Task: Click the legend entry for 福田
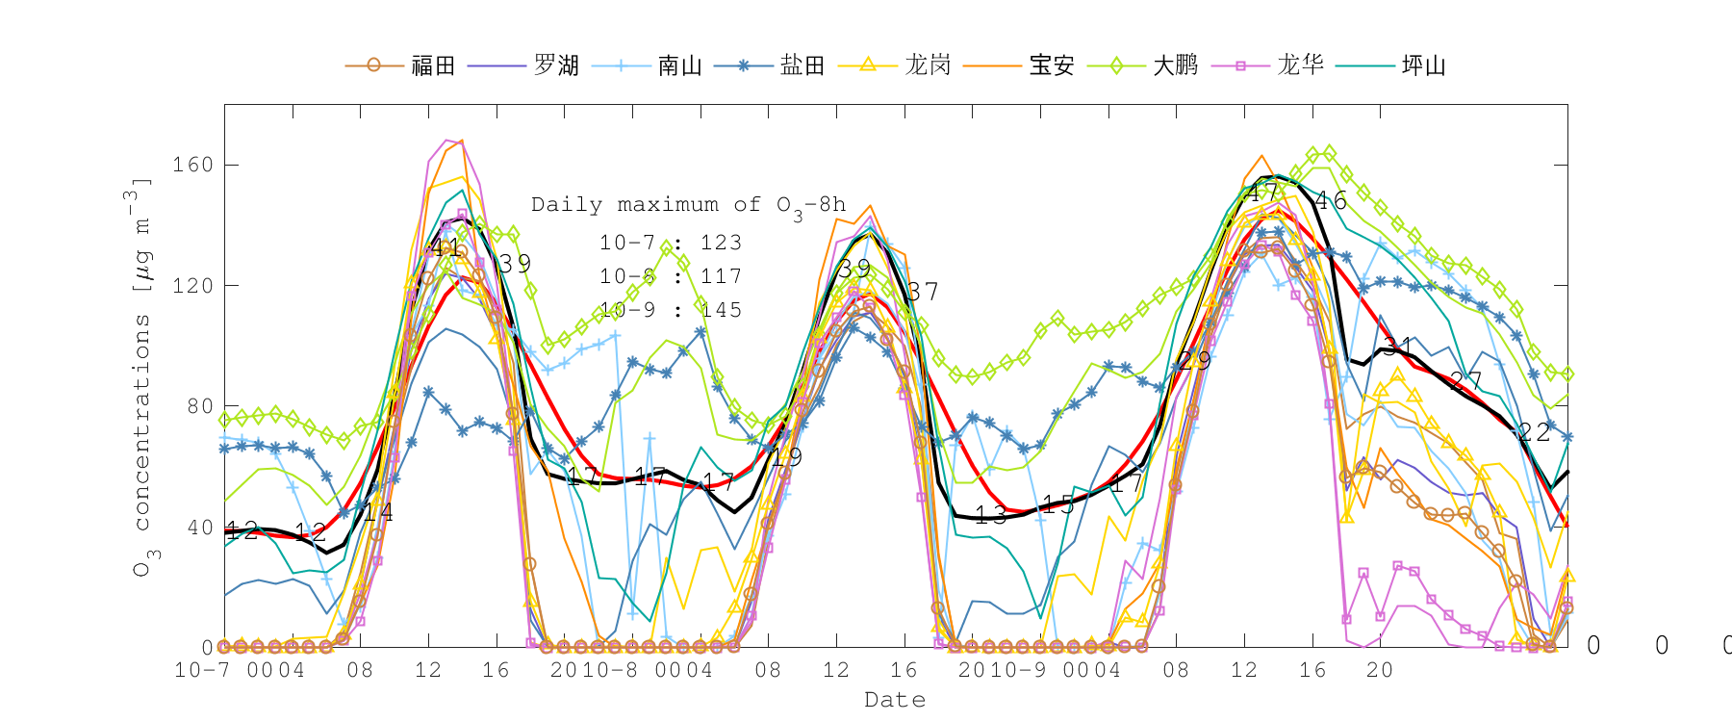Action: (433, 65)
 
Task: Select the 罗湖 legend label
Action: (556, 65)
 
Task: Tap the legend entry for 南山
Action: (679, 65)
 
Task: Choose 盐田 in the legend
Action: (802, 65)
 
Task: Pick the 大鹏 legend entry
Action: (1175, 65)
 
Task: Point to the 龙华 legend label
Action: (1300, 65)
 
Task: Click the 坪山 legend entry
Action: (1423, 65)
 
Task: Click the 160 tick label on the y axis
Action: (192, 165)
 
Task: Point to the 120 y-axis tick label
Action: (192, 286)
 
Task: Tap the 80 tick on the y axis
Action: (199, 406)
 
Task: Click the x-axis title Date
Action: (895, 700)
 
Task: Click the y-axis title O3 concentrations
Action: (142, 375)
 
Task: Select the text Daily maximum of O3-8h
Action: (688, 205)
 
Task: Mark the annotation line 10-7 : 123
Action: (671, 243)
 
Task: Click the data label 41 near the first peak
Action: (445, 248)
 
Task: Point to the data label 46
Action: (1331, 201)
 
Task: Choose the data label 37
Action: (923, 292)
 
